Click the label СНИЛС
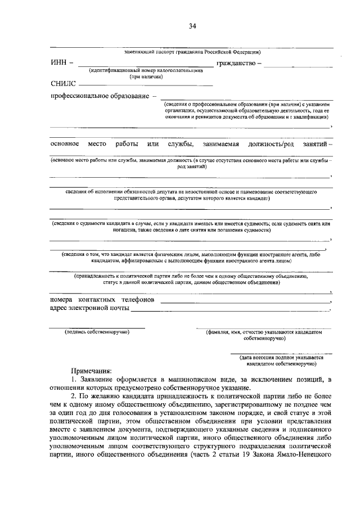coord(63,83)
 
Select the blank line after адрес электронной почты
coord(231,311)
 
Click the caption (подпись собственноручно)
coord(96,332)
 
